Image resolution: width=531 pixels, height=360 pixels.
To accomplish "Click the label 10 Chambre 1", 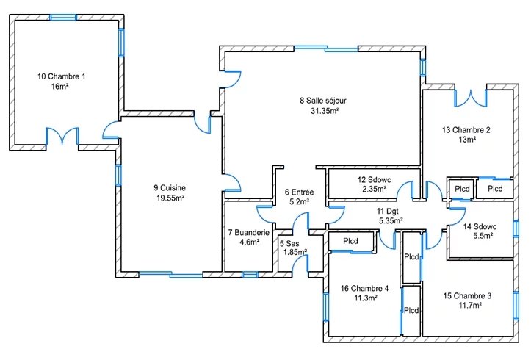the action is [x=61, y=76].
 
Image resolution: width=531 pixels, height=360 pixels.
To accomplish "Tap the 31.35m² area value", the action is [x=325, y=111].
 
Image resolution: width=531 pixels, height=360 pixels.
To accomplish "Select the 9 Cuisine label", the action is [x=170, y=188].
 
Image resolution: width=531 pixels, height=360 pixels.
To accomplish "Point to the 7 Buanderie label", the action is [x=249, y=233].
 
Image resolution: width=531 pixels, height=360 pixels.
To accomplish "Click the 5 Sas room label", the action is [x=289, y=243].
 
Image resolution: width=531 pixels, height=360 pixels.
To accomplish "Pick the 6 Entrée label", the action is [x=300, y=192].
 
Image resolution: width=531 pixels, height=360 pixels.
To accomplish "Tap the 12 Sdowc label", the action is [x=375, y=180].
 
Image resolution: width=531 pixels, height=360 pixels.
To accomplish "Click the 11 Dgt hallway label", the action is [x=388, y=212].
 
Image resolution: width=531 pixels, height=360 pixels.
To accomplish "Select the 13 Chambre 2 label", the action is [x=466, y=130].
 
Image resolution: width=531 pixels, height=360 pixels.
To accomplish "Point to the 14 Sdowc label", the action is [x=480, y=227].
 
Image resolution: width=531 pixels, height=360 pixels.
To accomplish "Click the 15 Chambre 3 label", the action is [x=467, y=296].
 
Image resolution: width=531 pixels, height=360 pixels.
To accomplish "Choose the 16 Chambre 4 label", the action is [x=364, y=289].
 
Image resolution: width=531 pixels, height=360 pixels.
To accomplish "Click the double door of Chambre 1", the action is [x=62, y=136].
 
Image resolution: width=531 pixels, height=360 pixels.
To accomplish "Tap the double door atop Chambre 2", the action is [x=470, y=98].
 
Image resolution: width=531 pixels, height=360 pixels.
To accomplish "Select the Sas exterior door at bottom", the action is [x=300, y=263].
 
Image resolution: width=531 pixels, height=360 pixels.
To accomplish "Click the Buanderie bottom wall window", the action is [x=250, y=275].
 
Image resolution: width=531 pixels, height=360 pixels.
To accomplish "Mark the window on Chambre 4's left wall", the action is [x=326, y=307].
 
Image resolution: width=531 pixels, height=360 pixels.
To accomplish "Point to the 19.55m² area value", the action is [x=170, y=198].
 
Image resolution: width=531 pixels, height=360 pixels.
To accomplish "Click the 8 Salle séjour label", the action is [x=323, y=101].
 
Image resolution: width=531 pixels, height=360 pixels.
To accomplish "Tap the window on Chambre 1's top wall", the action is [x=63, y=18].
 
